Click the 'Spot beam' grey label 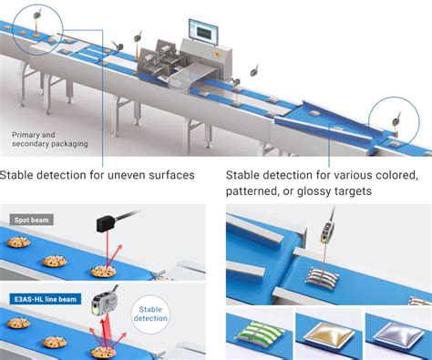pyautogui.click(x=29, y=219)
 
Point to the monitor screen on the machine pyautogui.click(x=201, y=29)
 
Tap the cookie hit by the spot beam pyautogui.click(x=103, y=271)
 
